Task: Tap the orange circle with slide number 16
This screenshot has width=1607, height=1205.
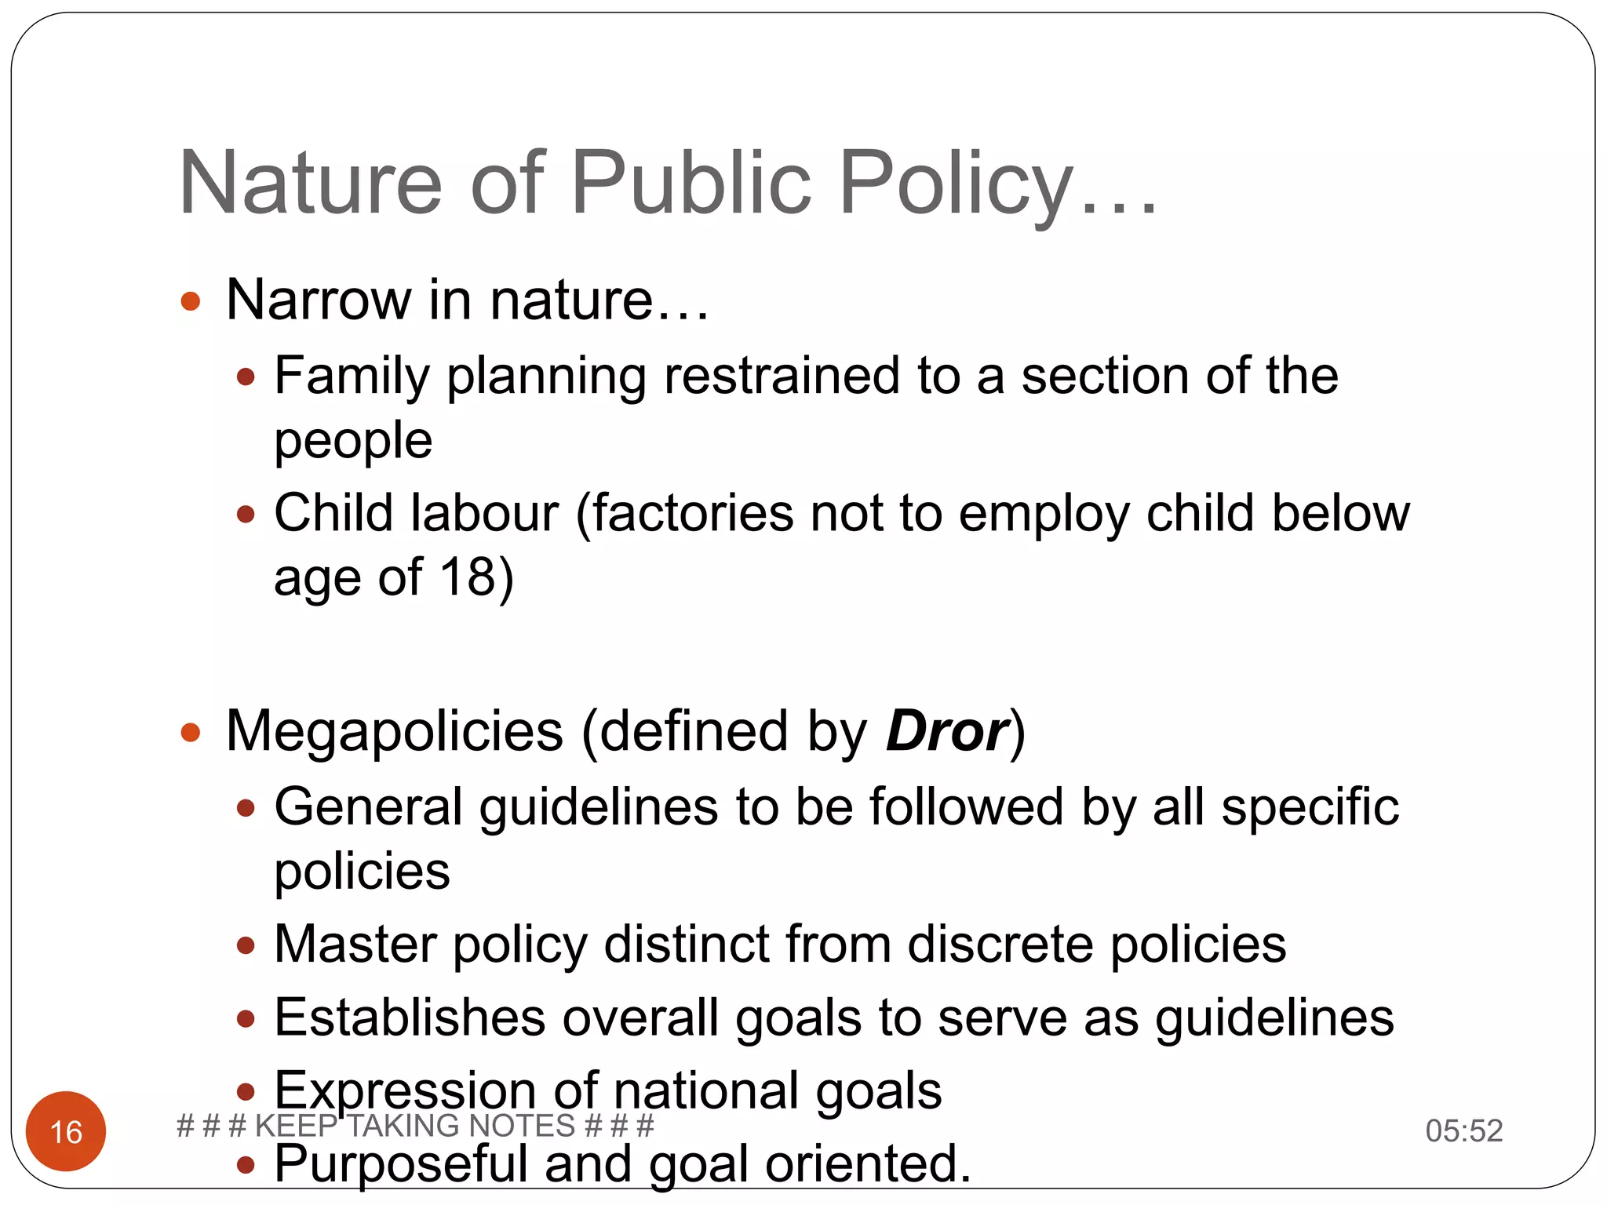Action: tap(66, 1131)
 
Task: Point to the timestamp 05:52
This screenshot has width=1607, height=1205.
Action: tap(1463, 1130)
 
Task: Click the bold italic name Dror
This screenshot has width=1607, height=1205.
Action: tap(946, 731)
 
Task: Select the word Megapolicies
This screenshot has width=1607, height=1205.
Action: tap(394, 731)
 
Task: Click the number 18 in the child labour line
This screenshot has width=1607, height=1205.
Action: tap(468, 577)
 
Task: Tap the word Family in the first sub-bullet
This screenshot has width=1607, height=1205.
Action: tap(352, 376)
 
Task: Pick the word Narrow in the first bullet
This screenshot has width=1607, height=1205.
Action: tap(319, 300)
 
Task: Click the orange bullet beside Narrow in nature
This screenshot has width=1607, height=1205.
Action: tap(191, 301)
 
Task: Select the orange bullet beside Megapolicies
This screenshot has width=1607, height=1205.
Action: tap(191, 733)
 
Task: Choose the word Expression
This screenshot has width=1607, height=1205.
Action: tap(405, 1090)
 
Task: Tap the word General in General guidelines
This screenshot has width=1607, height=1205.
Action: tap(368, 807)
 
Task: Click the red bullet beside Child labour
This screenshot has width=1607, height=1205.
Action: tap(246, 515)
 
